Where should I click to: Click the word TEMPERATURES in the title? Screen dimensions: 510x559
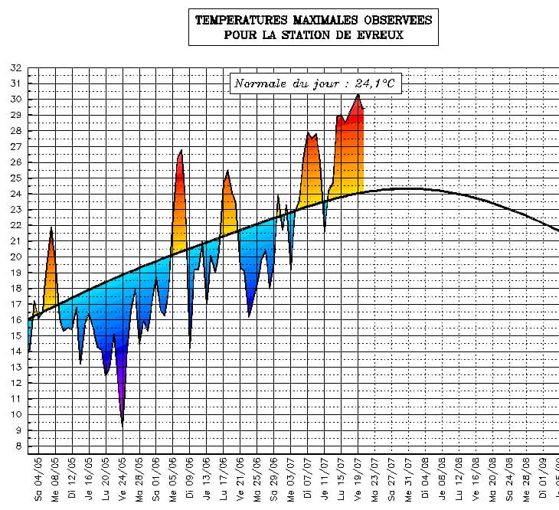[x=239, y=20]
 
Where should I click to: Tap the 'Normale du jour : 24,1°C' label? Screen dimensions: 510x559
[x=315, y=83]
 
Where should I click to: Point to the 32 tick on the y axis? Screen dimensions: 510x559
[x=15, y=68]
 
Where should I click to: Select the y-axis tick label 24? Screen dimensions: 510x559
[x=15, y=194]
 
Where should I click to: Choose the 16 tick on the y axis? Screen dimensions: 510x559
[x=15, y=320]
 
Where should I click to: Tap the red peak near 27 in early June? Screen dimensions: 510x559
[x=181, y=150]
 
